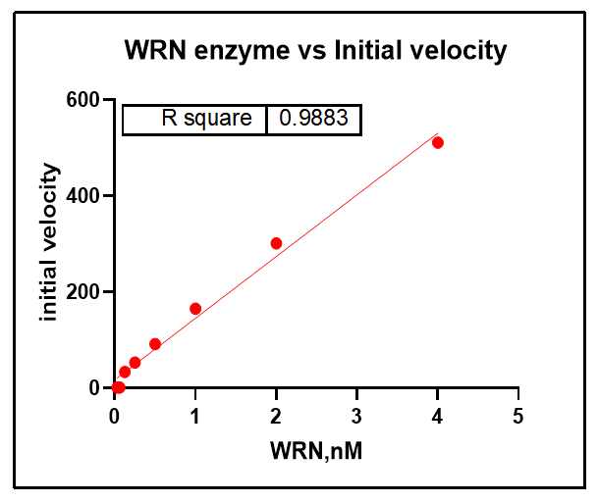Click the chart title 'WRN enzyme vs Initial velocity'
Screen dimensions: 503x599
[x=315, y=51]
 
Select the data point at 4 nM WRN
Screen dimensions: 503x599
[x=438, y=142]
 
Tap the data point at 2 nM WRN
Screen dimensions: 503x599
[x=276, y=243]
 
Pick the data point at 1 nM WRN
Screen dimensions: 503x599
[x=195, y=308]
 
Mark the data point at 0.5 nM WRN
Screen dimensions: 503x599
[x=155, y=344]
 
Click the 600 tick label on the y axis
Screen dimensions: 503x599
[x=83, y=100]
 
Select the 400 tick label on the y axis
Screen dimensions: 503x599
[x=83, y=196]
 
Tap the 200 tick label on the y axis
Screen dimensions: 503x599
[x=83, y=292]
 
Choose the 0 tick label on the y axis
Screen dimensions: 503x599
[x=94, y=388]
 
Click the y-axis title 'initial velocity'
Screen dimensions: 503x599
[x=49, y=243]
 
